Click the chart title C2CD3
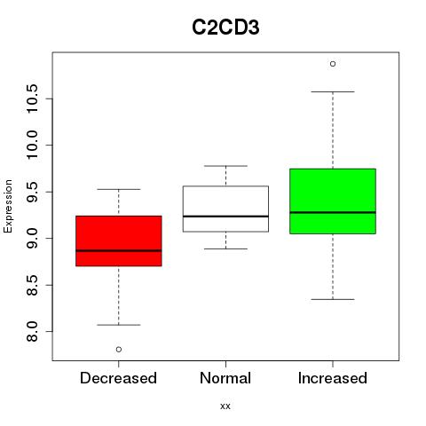225,28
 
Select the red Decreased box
119,241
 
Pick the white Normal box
225,209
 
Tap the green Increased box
333,201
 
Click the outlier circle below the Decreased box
119,350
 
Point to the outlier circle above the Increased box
333,64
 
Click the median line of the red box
119,250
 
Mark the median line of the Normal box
225,217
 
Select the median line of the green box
333,212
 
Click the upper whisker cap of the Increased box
333,91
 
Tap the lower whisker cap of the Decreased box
119,325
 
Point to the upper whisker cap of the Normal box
225,166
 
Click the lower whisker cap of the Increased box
333,299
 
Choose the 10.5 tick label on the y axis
32,99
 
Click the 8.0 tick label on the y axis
32,332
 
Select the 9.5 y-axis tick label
32,192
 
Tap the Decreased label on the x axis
118,378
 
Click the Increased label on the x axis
333,378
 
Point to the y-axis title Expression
8,207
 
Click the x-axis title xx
225,406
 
